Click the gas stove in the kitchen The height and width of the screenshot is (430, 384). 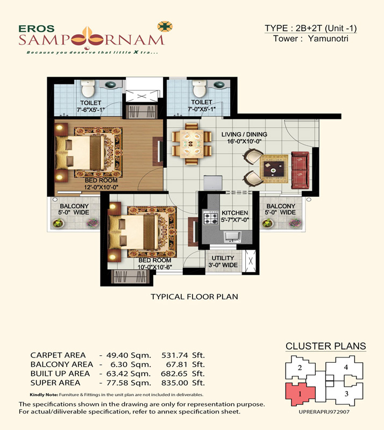pyautogui.click(x=210, y=218)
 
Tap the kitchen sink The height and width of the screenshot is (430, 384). pyautogui.click(x=232, y=236)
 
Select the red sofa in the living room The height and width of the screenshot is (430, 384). pyautogui.click(x=300, y=170)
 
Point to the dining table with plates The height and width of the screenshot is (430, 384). pyautogui.click(x=191, y=144)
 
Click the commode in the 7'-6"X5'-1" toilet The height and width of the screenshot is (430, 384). pyautogui.click(x=88, y=88)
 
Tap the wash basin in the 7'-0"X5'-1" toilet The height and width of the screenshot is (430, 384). pyautogui.click(x=219, y=84)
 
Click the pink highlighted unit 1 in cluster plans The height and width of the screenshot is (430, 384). pyautogui.click(x=300, y=394)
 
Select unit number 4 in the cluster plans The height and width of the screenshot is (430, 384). pyautogui.click(x=346, y=367)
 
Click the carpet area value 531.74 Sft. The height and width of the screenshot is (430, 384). pyautogui.click(x=183, y=355)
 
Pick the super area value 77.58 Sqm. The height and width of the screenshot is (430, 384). pyautogui.click(x=129, y=383)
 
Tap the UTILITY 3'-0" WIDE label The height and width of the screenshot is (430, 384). pyautogui.click(x=223, y=261)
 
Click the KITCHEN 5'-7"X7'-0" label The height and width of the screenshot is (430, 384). pyautogui.click(x=235, y=216)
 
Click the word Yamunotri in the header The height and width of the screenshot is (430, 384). pyautogui.click(x=328, y=39)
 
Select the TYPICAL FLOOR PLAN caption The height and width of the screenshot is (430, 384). pyautogui.click(x=194, y=297)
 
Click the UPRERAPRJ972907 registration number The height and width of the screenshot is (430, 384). pyautogui.click(x=324, y=412)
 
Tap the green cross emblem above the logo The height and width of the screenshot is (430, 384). pyautogui.click(x=165, y=26)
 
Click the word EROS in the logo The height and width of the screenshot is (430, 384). pyautogui.click(x=37, y=28)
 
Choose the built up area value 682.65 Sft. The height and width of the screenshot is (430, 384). pyautogui.click(x=183, y=374)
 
